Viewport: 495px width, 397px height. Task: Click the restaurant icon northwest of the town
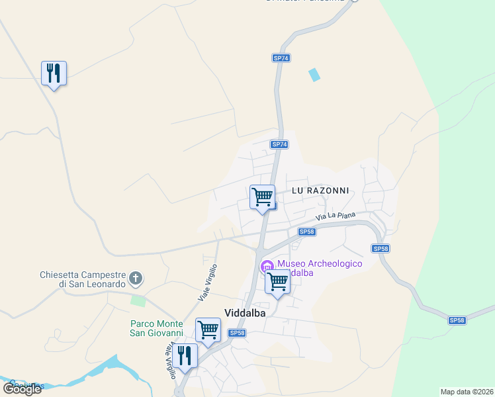click(54, 73)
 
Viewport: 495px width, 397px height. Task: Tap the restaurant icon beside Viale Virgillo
click(186, 357)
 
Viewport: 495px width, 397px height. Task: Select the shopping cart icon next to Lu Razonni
click(263, 197)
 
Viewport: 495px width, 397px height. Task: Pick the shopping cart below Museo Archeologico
click(278, 283)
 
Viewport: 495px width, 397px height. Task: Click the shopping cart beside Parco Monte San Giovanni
click(208, 330)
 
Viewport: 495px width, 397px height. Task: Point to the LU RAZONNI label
click(320, 190)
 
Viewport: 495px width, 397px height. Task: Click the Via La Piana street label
click(336, 216)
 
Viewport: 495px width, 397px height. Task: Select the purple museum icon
click(267, 267)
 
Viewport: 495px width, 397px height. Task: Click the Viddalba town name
click(245, 314)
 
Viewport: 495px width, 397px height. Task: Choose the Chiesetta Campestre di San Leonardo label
click(82, 279)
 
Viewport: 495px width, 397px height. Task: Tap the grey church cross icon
click(136, 279)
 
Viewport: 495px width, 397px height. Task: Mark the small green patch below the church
click(138, 301)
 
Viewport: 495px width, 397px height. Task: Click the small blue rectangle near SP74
click(314, 75)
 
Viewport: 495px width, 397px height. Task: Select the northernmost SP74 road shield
click(281, 58)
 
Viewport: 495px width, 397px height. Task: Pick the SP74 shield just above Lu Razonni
click(279, 144)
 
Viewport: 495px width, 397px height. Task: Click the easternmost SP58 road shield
click(457, 320)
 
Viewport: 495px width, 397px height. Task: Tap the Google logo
click(22, 388)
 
